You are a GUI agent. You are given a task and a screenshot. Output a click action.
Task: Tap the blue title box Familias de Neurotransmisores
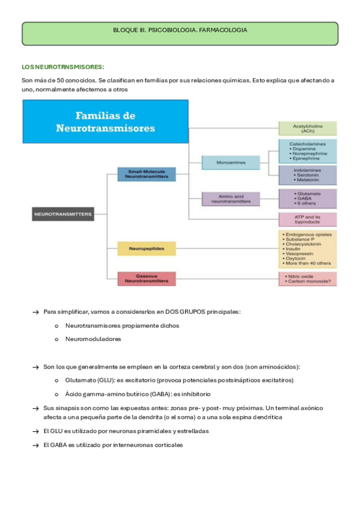tap(105, 121)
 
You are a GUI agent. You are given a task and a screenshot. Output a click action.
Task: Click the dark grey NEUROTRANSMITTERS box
tap(63, 213)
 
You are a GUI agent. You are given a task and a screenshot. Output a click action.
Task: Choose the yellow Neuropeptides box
tap(147, 247)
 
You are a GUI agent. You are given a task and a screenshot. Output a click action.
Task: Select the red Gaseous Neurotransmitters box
tap(147, 278)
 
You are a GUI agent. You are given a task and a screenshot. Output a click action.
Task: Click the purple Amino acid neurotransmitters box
tap(230, 198)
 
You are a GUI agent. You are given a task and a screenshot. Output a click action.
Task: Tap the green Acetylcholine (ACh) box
tap(307, 128)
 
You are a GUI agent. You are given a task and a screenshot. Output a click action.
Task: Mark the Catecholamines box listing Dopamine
tap(307, 152)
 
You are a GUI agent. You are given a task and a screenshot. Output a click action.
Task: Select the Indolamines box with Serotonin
tap(307, 176)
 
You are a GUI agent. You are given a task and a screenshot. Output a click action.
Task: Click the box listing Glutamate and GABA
tap(307, 198)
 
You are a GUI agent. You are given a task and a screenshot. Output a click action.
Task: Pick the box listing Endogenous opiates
tap(307, 249)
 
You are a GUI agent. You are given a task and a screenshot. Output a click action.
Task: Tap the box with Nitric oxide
tap(307, 278)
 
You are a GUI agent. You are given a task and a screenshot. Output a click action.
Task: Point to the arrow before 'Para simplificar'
tap(36, 312)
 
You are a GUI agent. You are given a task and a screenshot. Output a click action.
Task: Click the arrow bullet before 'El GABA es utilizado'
tap(36, 445)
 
